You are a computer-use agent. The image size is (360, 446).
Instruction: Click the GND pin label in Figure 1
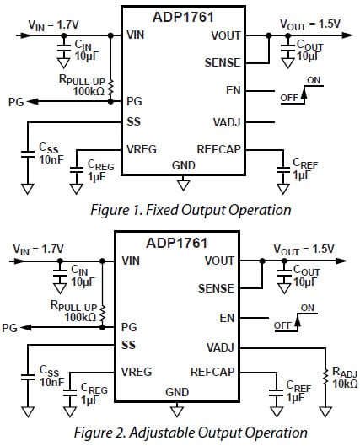tap(183, 165)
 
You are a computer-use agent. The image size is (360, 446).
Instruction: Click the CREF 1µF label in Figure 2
tap(299, 391)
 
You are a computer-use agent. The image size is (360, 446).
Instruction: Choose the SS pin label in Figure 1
tap(133, 121)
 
